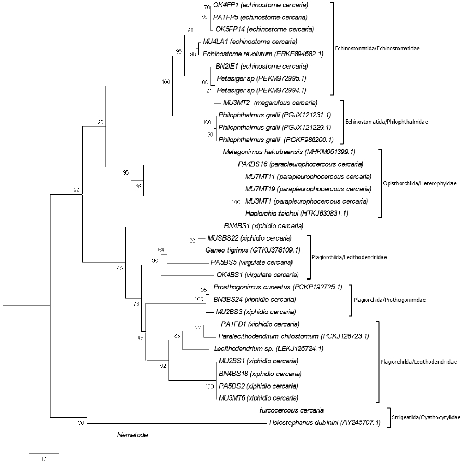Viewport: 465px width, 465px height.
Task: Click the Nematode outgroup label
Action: (x=132, y=435)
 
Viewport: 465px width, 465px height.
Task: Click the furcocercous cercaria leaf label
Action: (x=291, y=410)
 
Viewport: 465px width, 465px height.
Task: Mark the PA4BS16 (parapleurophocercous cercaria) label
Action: (x=300, y=165)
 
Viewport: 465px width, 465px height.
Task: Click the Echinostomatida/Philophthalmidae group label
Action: (x=388, y=122)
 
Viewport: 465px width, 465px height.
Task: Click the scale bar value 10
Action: (x=44, y=459)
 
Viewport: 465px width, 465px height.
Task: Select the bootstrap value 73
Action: (x=136, y=303)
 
